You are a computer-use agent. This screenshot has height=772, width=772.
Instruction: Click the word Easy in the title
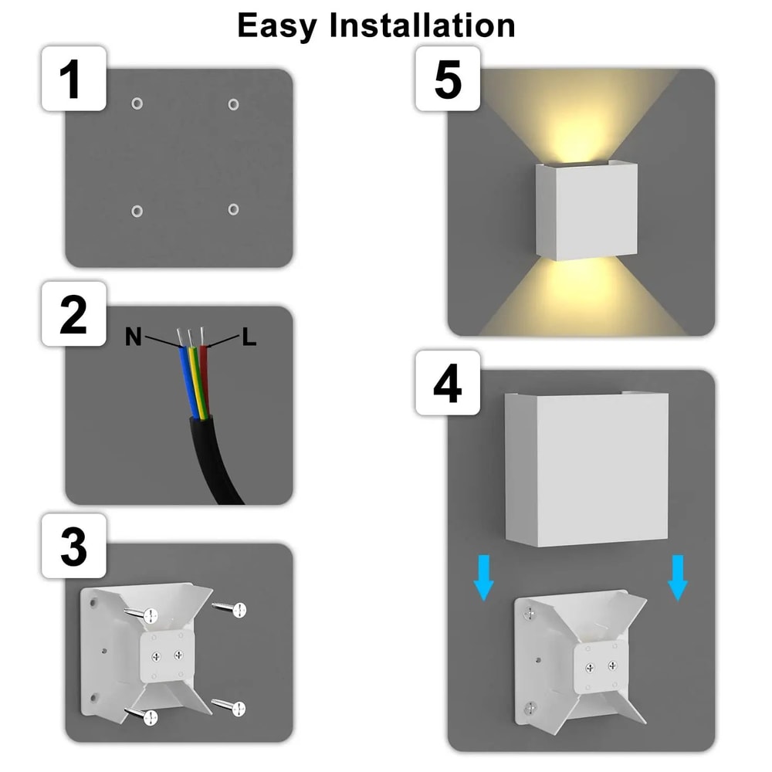(278, 25)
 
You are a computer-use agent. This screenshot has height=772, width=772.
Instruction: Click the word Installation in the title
(422, 25)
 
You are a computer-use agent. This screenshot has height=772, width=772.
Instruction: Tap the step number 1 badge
(73, 79)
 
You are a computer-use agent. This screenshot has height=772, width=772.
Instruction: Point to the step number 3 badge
(73, 547)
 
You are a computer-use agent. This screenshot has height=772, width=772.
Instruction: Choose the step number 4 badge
(448, 384)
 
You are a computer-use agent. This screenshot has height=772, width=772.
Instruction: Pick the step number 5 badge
(448, 79)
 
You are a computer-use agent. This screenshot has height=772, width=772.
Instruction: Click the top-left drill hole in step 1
(137, 103)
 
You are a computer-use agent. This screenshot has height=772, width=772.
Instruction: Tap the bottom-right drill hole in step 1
(233, 209)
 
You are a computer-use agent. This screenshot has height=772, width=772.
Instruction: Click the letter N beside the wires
(134, 337)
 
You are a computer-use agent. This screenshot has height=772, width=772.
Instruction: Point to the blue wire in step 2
(187, 378)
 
